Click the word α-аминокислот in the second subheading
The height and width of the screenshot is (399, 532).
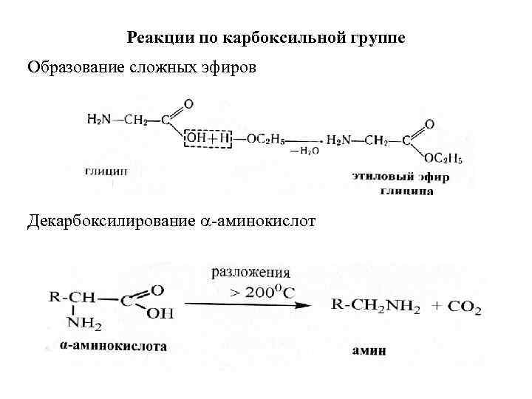pyautogui.click(x=258, y=221)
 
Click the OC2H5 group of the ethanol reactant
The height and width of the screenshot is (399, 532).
pyautogui.click(x=265, y=138)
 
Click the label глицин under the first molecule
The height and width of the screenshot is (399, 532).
pyautogui.click(x=106, y=171)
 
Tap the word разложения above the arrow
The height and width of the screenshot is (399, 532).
pyautogui.click(x=250, y=272)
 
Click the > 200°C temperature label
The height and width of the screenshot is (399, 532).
pyautogui.click(x=262, y=292)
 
